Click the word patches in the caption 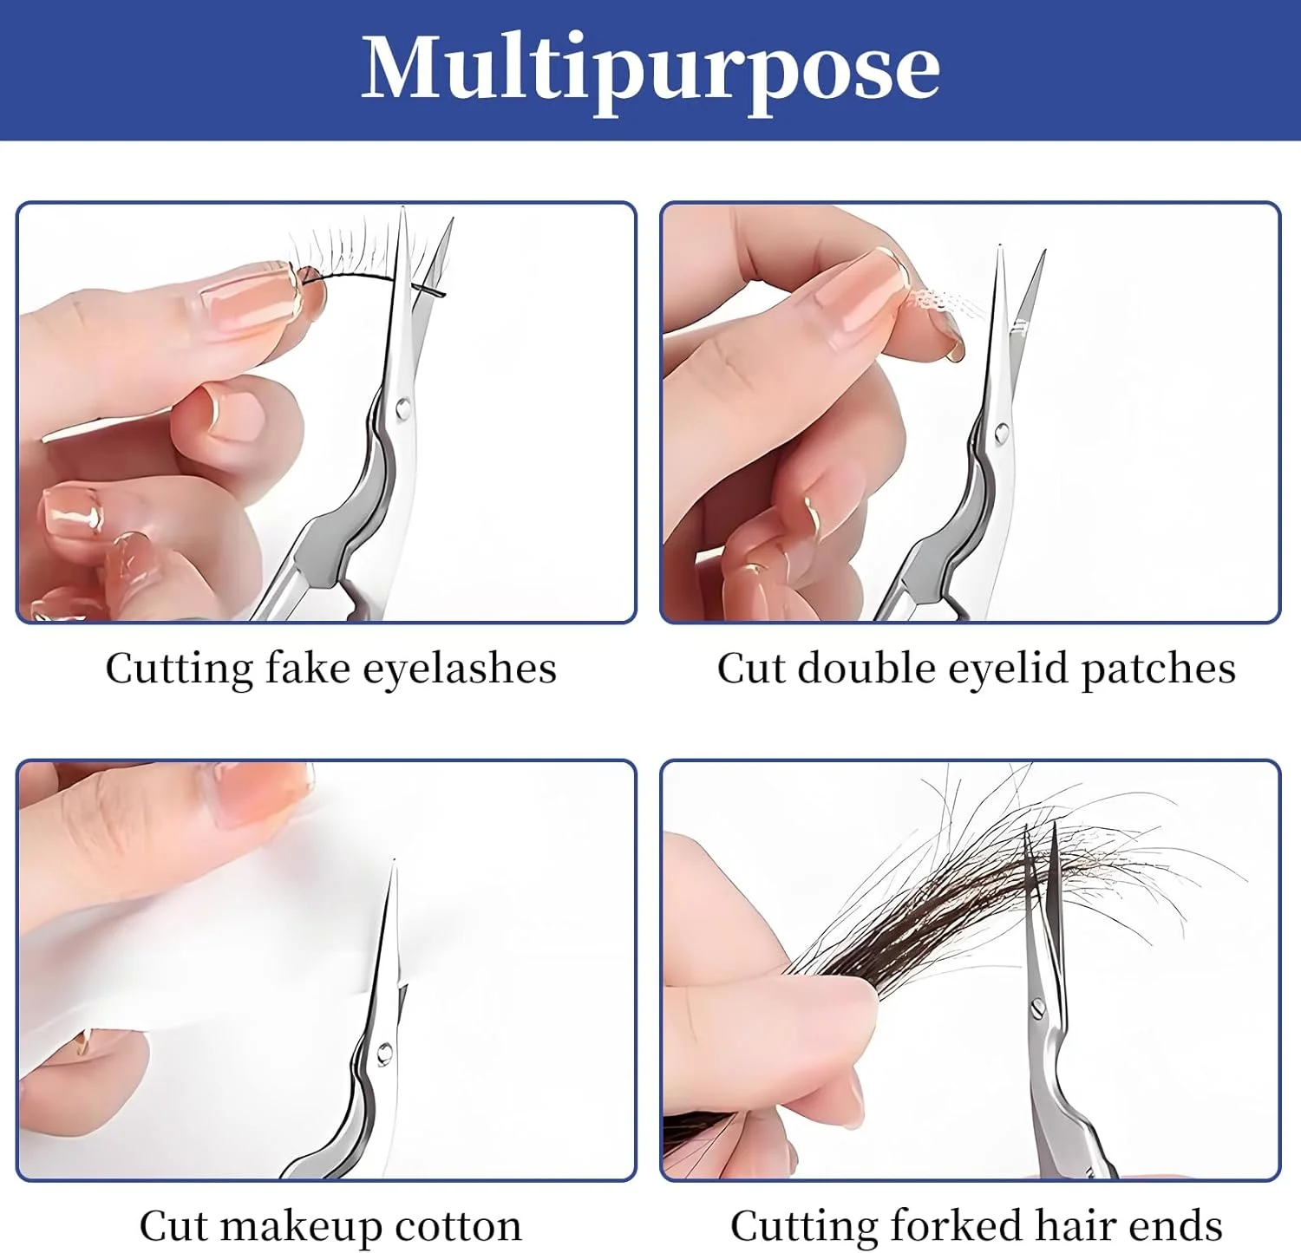click(1158, 669)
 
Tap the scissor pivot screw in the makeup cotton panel click(383, 1054)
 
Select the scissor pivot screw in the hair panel click(1036, 1008)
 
